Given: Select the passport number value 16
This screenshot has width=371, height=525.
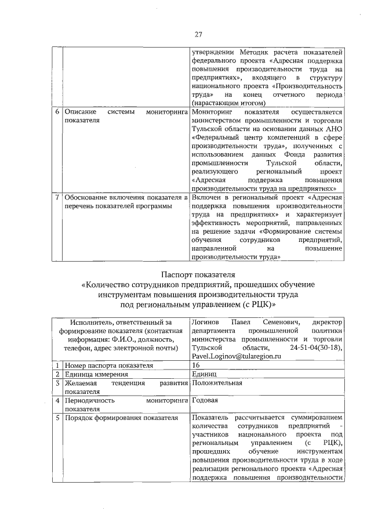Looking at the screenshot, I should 195,365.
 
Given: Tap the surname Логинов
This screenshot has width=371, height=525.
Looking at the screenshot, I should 205,321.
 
